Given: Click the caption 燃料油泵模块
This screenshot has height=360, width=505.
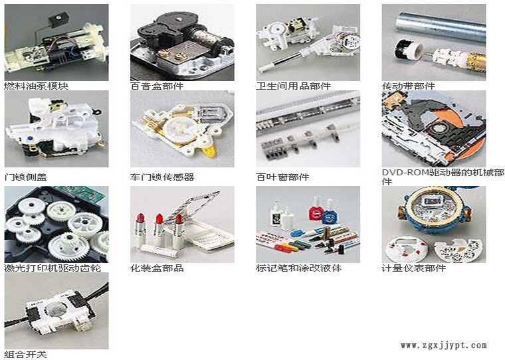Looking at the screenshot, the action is tap(37, 86).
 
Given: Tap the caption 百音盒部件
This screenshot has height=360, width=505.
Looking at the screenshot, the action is tap(157, 86).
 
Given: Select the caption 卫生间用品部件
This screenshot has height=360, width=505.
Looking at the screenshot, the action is tap(294, 86).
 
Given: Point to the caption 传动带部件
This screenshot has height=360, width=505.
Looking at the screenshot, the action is tap(409, 86).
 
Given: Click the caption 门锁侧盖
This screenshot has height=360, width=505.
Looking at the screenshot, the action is tap(26, 177).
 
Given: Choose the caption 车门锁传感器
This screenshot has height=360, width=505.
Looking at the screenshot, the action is tap(162, 177).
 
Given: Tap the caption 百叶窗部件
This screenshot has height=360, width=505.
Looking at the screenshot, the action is tap(282, 177).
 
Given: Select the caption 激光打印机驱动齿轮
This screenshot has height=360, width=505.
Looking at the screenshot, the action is tap(52, 268).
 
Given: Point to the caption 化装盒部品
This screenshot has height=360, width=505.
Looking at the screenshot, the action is tap(157, 268).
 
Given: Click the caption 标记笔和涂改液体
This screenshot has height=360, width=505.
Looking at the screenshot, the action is tap(299, 268).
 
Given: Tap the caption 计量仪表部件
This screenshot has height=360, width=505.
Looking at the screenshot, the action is tap(414, 268).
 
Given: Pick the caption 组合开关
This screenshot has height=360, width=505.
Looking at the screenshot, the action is tap(26, 355).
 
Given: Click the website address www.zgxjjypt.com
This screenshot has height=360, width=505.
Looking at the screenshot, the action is tap(444, 345).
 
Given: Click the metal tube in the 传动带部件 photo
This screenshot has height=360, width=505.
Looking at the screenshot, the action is tap(441, 27).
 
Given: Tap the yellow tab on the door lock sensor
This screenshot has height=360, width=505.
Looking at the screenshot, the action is tap(210, 151).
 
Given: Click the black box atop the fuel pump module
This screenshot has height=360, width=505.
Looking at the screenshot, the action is tap(59, 19).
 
